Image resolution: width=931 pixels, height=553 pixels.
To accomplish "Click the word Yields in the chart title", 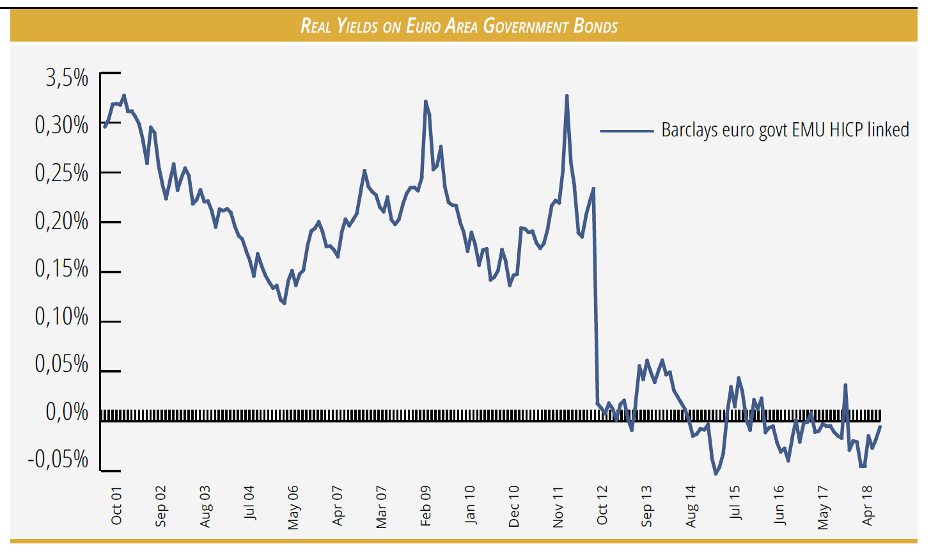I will [357, 26].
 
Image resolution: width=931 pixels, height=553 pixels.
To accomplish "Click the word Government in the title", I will [526, 26].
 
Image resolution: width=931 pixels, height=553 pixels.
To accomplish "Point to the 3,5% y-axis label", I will [66, 77].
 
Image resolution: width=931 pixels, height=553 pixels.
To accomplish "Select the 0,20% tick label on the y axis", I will [61, 221].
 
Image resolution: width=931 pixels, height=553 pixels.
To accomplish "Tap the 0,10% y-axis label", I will [61, 316].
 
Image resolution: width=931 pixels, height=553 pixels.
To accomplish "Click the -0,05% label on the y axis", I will [58, 459].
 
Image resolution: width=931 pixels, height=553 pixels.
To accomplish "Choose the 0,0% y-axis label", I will [66, 412].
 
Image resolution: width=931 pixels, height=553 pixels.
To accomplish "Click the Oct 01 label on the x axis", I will [116, 506].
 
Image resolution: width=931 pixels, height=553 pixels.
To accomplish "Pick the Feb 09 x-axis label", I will [426, 506].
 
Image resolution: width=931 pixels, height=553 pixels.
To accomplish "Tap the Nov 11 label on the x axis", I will [558, 507].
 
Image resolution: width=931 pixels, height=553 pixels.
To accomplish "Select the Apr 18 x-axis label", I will [868, 506].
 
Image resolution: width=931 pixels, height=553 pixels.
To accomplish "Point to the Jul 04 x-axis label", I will [249, 503].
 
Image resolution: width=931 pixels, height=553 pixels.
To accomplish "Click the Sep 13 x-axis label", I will [646, 506].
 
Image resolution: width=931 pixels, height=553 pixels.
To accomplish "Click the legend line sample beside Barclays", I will [627, 131].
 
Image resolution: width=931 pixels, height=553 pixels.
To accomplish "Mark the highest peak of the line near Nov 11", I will [567, 96].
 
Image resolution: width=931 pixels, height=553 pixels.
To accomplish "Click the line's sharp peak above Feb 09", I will [425, 101].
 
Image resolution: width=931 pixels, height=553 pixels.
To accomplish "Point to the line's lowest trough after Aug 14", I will [716, 474].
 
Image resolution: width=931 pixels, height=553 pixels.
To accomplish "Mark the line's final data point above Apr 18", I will [880, 426].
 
